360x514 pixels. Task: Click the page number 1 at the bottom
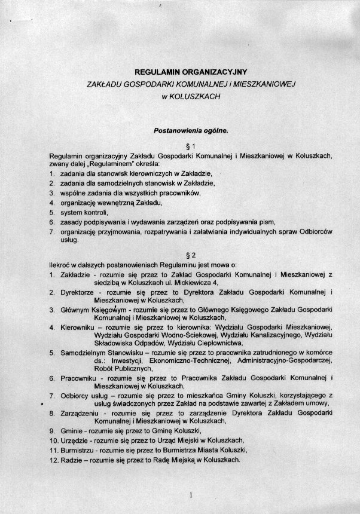coord(190,494)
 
